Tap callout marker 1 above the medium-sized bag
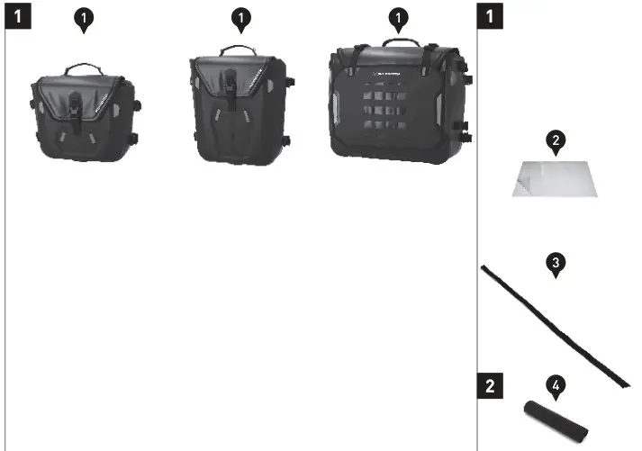(x=240, y=18)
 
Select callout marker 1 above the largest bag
(x=398, y=18)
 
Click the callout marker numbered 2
(x=556, y=140)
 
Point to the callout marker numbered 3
(x=556, y=263)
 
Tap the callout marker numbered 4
(x=556, y=387)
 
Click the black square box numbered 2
(x=489, y=387)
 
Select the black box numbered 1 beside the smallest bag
(x=17, y=16)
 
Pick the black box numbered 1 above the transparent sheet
(x=489, y=16)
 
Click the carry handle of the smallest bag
(x=83, y=68)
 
